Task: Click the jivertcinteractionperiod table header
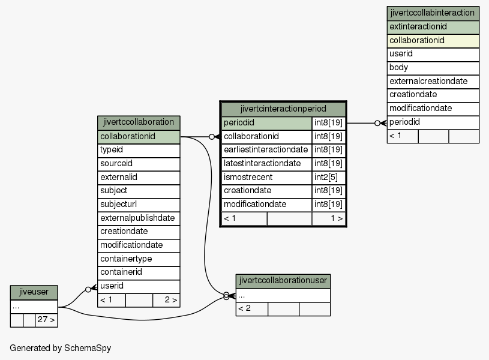(x=283, y=109)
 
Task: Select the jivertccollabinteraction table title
(x=433, y=13)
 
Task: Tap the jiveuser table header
(x=34, y=292)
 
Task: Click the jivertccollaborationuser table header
(x=283, y=281)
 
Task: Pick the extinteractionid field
(x=433, y=27)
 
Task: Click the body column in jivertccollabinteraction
(x=433, y=68)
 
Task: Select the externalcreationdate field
(x=433, y=82)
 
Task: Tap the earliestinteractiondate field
(x=266, y=150)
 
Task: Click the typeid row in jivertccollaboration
(x=139, y=151)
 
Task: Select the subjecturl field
(x=139, y=205)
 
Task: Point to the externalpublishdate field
(x=139, y=218)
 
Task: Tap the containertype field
(x=139, y=259)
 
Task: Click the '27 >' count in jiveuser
(x=46, y=320)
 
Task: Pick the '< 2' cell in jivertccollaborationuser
(x=251, y=309)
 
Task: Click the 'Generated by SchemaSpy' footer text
(x=61, y=348)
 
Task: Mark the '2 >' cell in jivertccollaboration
(x=166, y=300)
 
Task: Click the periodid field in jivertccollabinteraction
(x=433, y=122)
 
